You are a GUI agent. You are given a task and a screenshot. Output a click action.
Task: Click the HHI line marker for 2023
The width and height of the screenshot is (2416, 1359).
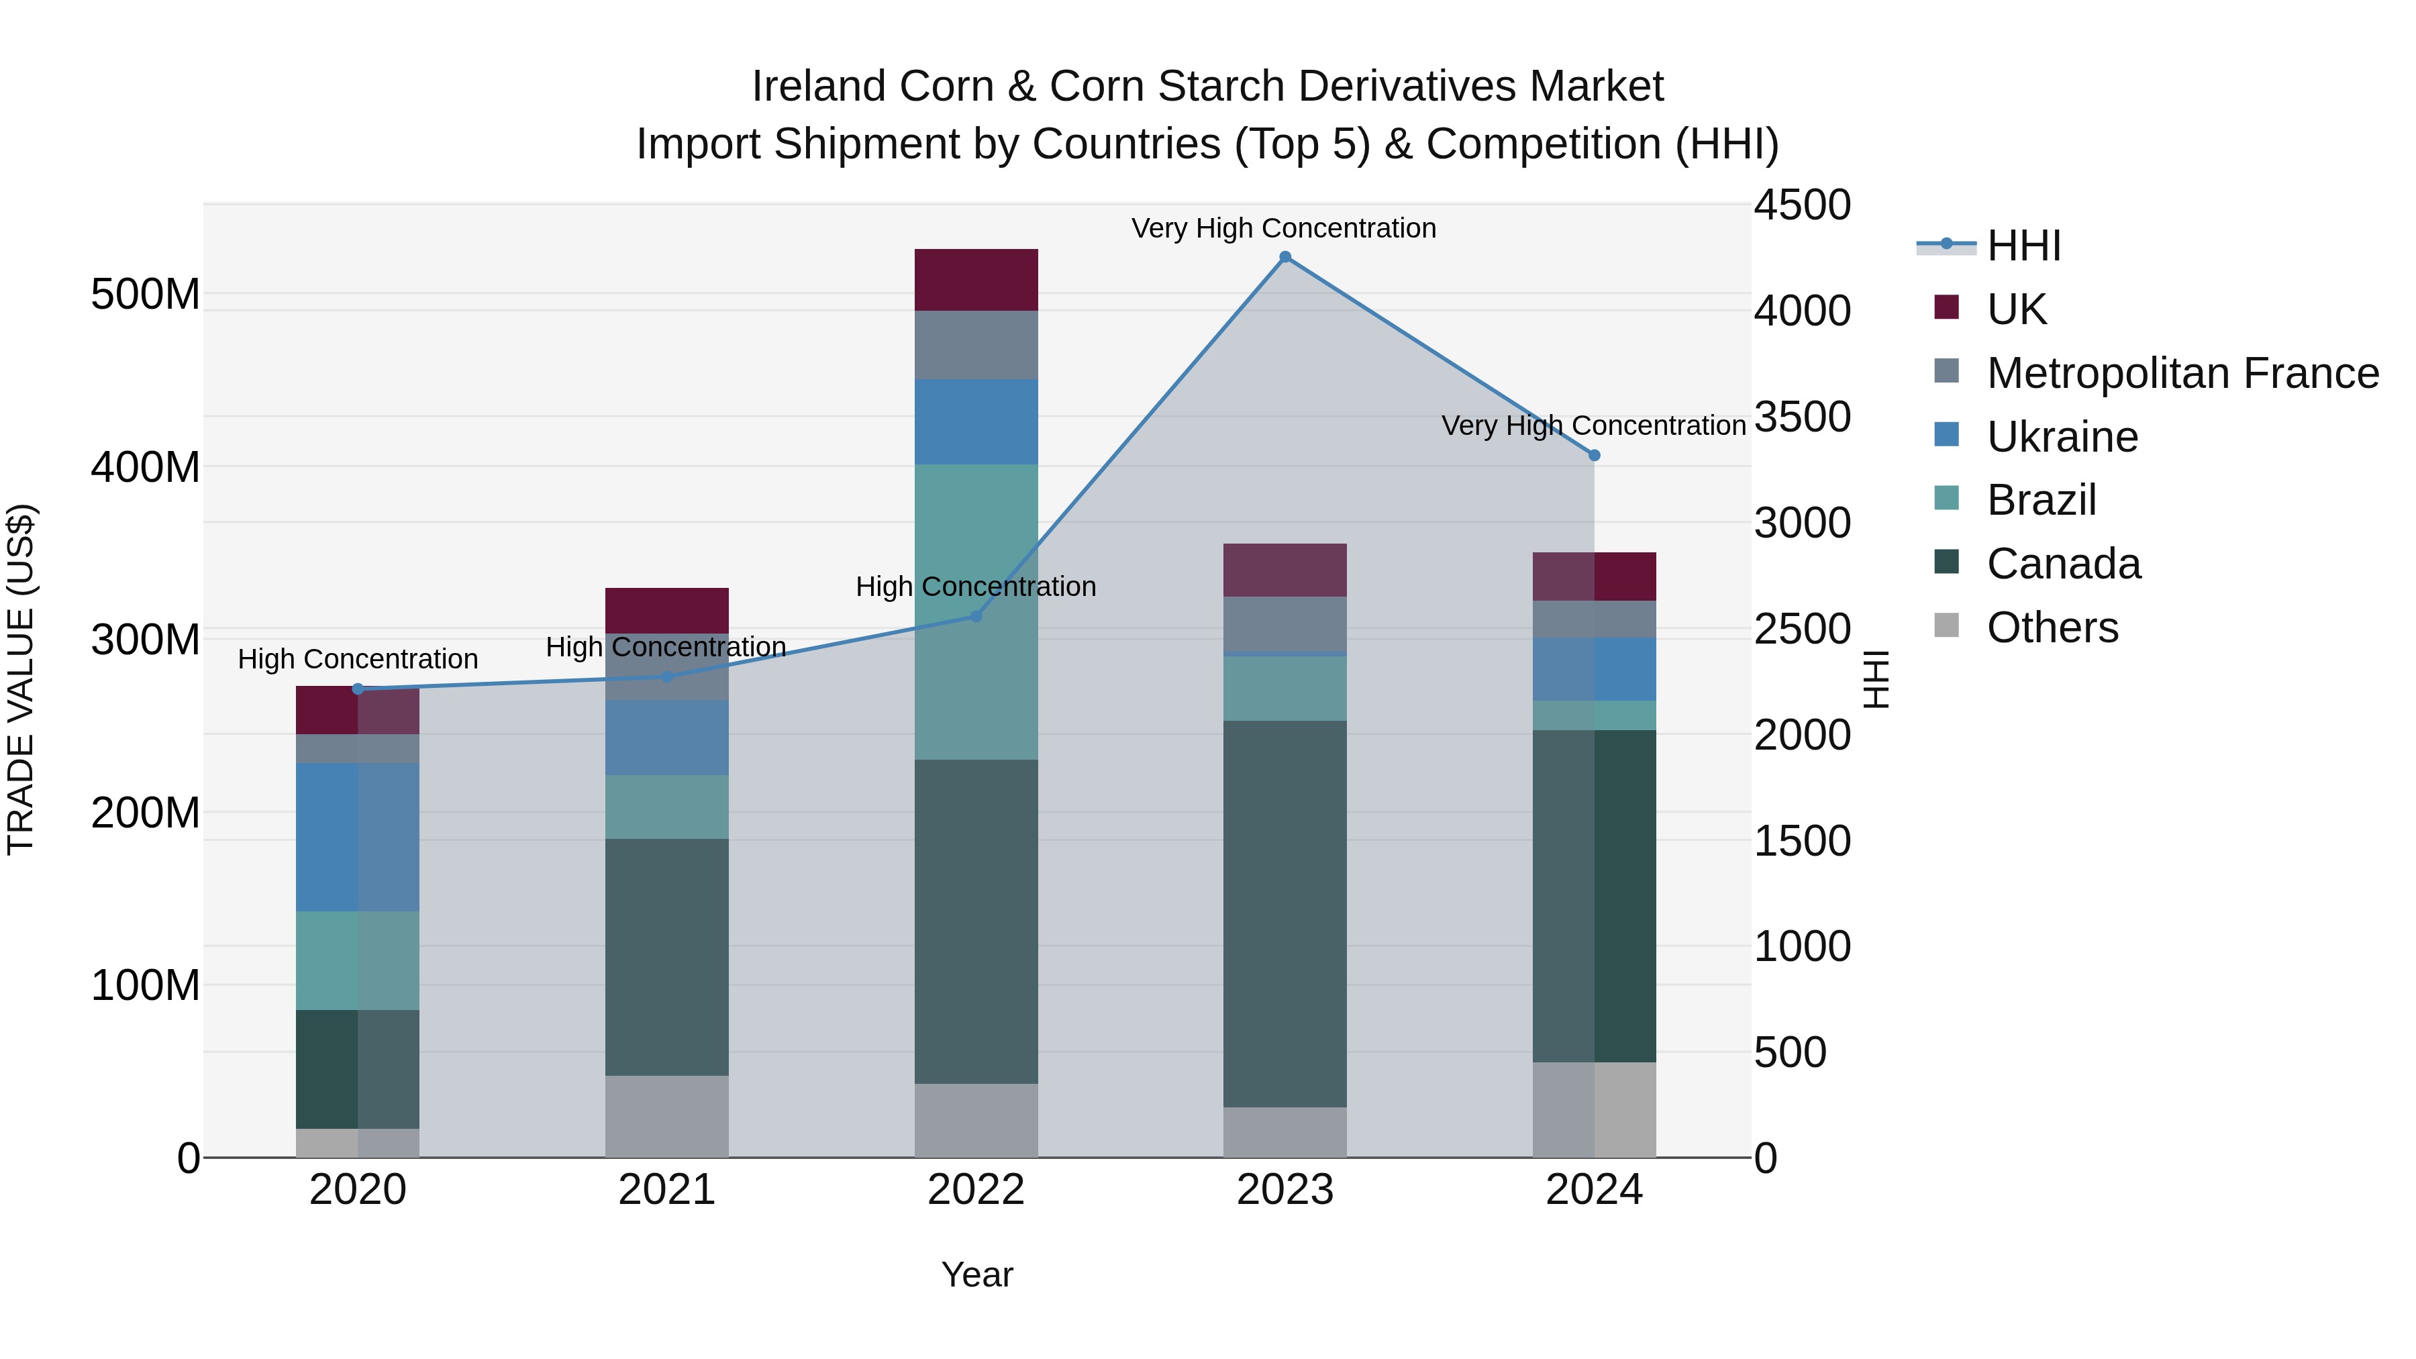click(x=1285, y=257)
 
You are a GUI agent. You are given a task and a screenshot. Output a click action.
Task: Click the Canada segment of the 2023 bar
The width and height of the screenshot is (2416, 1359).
click(x=1285, y=915)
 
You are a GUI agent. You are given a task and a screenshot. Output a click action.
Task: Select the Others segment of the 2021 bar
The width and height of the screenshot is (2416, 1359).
click(x=667, y=1116)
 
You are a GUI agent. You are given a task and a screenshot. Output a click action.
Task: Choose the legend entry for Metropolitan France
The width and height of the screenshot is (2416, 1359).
click(x=2182, y=373)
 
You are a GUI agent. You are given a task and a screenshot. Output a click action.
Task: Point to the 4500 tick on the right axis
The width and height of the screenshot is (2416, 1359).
click(x=1802, y=205)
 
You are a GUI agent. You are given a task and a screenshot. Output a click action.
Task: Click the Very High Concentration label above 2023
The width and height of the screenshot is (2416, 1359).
click(x=1283, y=228)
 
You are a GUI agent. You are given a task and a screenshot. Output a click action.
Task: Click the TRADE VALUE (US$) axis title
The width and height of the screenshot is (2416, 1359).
click(x=21, y=679)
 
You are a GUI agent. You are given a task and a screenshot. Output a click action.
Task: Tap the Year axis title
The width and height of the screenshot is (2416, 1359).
click(x=976, y=1274)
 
